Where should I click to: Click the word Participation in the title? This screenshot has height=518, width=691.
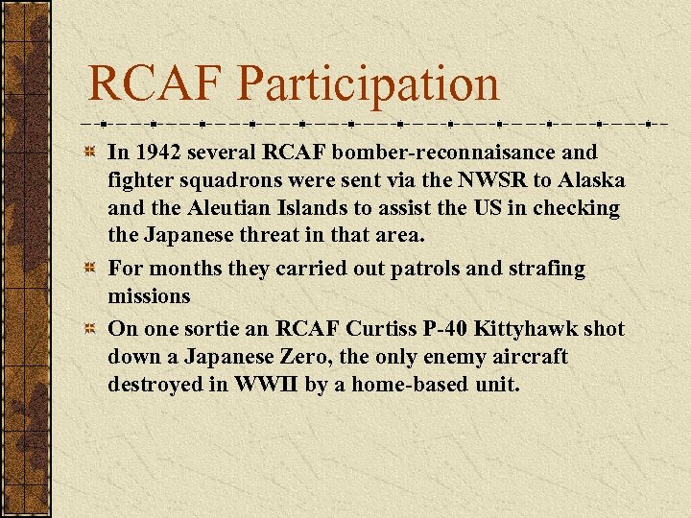click(369, 83)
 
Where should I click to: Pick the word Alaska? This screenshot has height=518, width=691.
click(591, 180)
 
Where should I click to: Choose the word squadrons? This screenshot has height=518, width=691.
click(215, 180)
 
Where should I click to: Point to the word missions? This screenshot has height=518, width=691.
click(149, 297)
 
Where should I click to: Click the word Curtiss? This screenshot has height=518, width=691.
click(391, 329)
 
